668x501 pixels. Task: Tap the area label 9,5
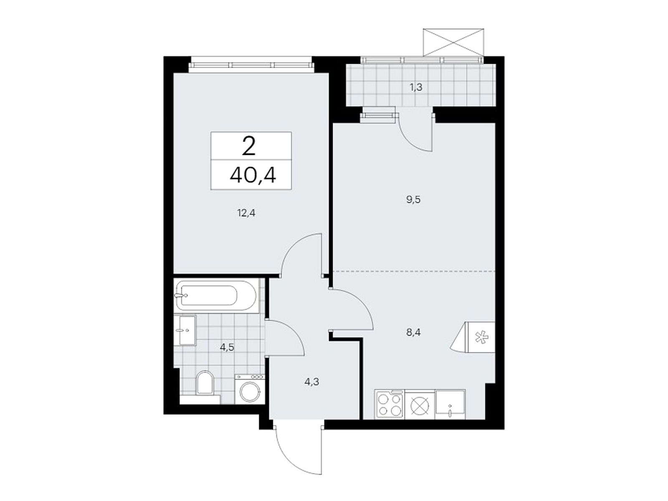click(413, 200)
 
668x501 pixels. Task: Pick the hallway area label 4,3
click(313, 382)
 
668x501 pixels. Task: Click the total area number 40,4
click(253, 176)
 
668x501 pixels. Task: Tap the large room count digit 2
click(249, 147)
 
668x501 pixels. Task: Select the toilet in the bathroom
click(205, 382)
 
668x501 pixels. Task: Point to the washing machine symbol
click(250, 389)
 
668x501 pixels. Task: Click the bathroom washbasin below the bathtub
click(187, 330)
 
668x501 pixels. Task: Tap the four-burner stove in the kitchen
click(390, 405)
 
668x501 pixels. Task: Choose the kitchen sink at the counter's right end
click(450, 405)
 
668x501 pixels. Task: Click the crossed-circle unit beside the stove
click(420, 405)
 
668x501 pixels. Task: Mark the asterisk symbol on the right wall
click(481, 337)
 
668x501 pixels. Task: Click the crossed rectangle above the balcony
click(454, 42)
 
